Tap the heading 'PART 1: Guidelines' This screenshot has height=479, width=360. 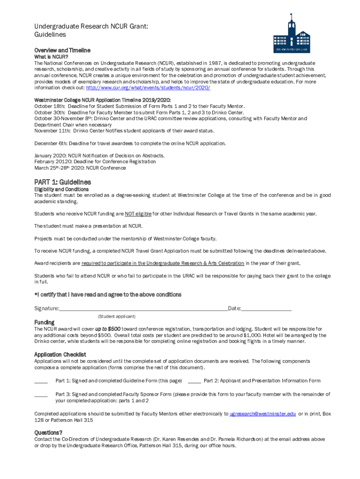[63, 182]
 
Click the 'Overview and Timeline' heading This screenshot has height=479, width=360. [62, 50]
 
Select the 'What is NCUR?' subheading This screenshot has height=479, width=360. [52, 57]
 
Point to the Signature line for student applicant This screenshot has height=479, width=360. [143, 309]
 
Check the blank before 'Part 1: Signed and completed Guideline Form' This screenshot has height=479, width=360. [41, 381]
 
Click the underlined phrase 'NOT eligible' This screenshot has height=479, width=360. [138, 214]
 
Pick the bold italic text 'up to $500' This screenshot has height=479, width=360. [108, 329]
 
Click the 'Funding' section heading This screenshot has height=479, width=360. [44, 322]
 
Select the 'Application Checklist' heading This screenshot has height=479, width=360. [60, 355]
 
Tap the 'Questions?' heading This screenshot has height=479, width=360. [48, 432]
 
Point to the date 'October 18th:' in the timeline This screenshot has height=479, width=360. [50, 106]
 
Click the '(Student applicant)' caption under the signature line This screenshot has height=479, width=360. [117, 316]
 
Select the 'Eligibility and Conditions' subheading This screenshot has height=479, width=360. [61, 189]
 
